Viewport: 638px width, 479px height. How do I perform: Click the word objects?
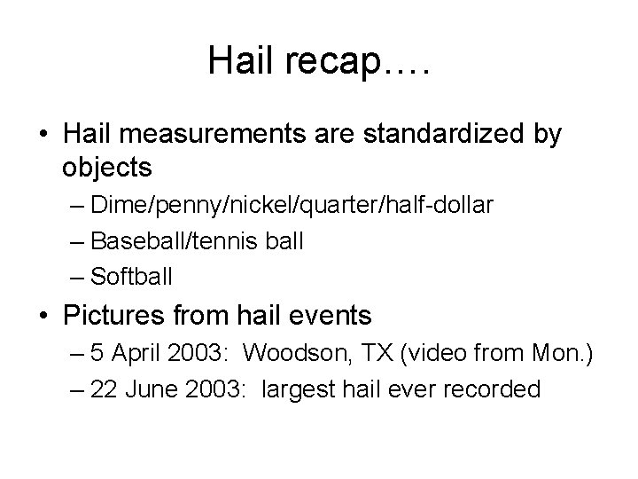pos(108,166)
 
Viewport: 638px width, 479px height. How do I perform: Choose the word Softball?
pos(132,275)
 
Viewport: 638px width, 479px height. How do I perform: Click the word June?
pos(153,389)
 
